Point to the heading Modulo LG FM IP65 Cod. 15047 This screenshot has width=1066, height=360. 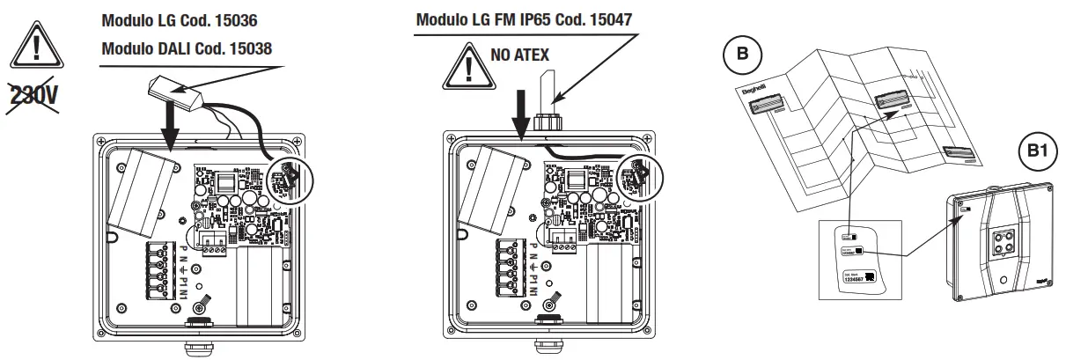click(524, 18)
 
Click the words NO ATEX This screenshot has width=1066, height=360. click(518, 55)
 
